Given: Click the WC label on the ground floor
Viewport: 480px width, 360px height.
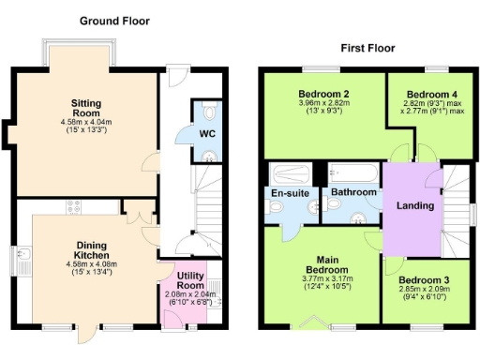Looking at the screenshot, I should point(205,133).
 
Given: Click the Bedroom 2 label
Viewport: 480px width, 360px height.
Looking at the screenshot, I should point(323,94).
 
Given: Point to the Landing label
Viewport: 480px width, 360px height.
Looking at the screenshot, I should point(414,205).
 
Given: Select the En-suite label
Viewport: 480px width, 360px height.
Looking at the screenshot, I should point(289,193).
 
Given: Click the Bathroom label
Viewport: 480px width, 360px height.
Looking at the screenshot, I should point(353,192).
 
